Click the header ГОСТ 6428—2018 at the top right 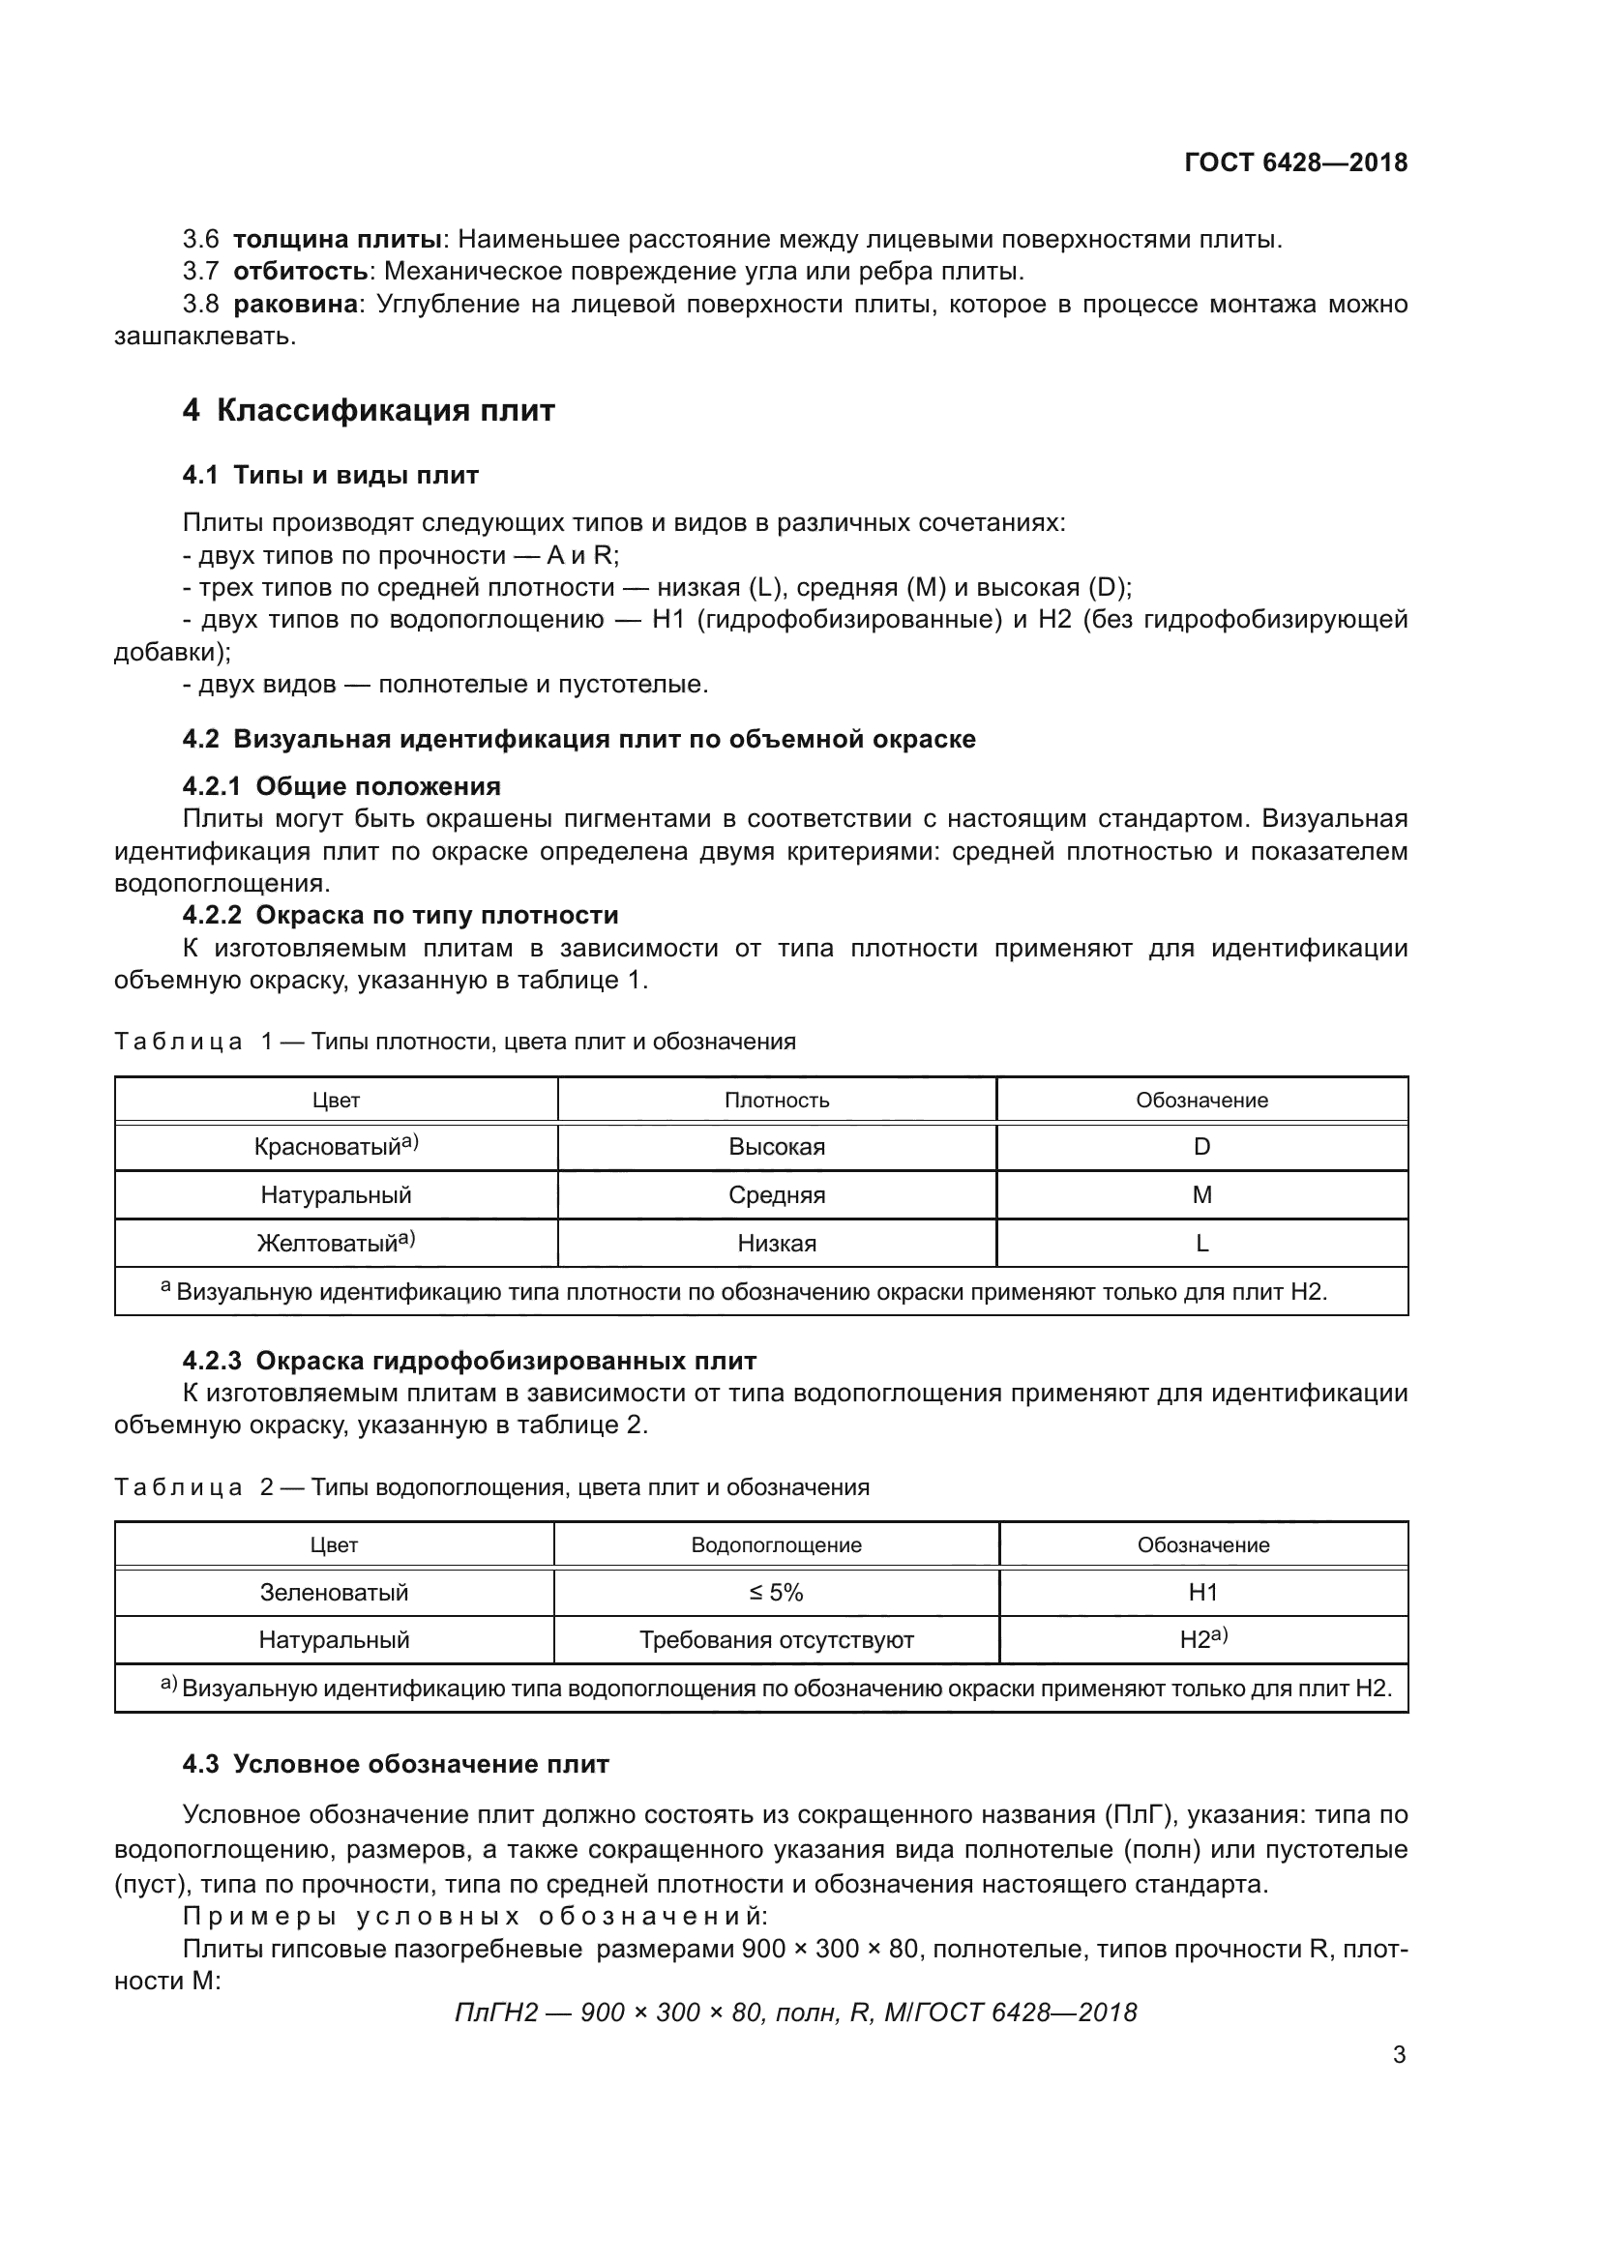point(1295,162)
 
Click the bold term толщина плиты point(336,240)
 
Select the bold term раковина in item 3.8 point(295,305)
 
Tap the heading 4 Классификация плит point(369,411)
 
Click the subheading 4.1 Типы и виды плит point(330,475)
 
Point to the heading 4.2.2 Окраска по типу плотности point(400,915)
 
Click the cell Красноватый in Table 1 point(335,1147)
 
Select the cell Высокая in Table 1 point(777,1147)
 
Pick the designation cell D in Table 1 point(1201,1147)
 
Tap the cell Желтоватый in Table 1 point(335,1244)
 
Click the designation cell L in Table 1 point(1201,1244)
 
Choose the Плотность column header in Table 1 point(777,1101)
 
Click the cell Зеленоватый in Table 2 point(334,1593)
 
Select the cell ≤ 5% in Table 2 point(777,1593)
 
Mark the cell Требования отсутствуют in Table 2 point(777,1640)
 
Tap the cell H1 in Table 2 point(1203,1593)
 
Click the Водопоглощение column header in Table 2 point(777,1545)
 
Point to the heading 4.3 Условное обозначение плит point(395,1765)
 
